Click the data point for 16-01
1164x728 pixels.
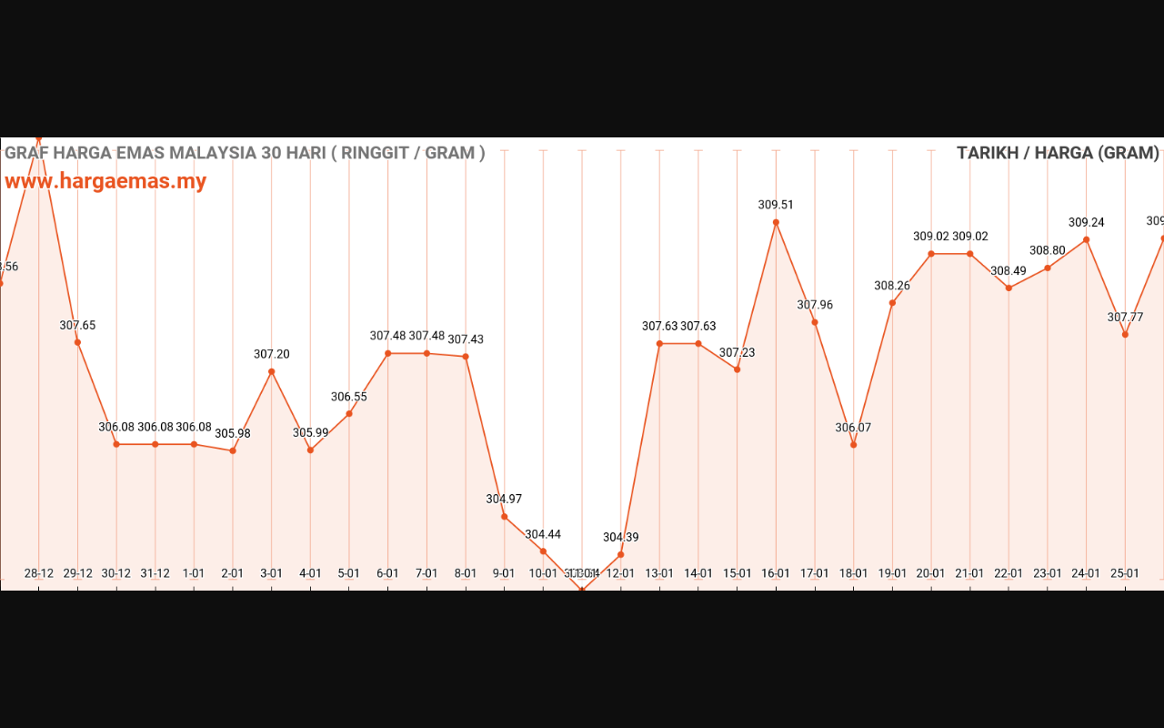[776, 222]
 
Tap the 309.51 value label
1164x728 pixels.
[776, 205]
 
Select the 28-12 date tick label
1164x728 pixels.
[39, 573]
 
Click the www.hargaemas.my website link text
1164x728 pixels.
[105, 181]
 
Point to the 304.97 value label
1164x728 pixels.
[504, 499]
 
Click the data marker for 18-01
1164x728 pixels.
[853, 445]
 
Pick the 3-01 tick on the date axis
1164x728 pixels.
[271, 573]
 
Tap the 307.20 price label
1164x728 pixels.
[271, 354]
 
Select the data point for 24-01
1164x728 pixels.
[1086, 240]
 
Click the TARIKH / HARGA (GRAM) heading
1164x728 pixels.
[1058, 153]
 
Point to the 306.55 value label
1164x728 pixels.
[349, 397]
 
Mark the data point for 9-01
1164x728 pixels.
[504, 517]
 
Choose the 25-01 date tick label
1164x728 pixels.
[1125, 573]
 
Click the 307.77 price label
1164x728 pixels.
[1125, 318]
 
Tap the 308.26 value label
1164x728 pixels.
[892, 286]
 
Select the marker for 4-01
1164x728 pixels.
[310, 450]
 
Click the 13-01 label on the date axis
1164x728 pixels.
[659, 573]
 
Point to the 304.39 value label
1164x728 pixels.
[620, 537]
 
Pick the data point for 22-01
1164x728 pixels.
[1008, 288]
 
